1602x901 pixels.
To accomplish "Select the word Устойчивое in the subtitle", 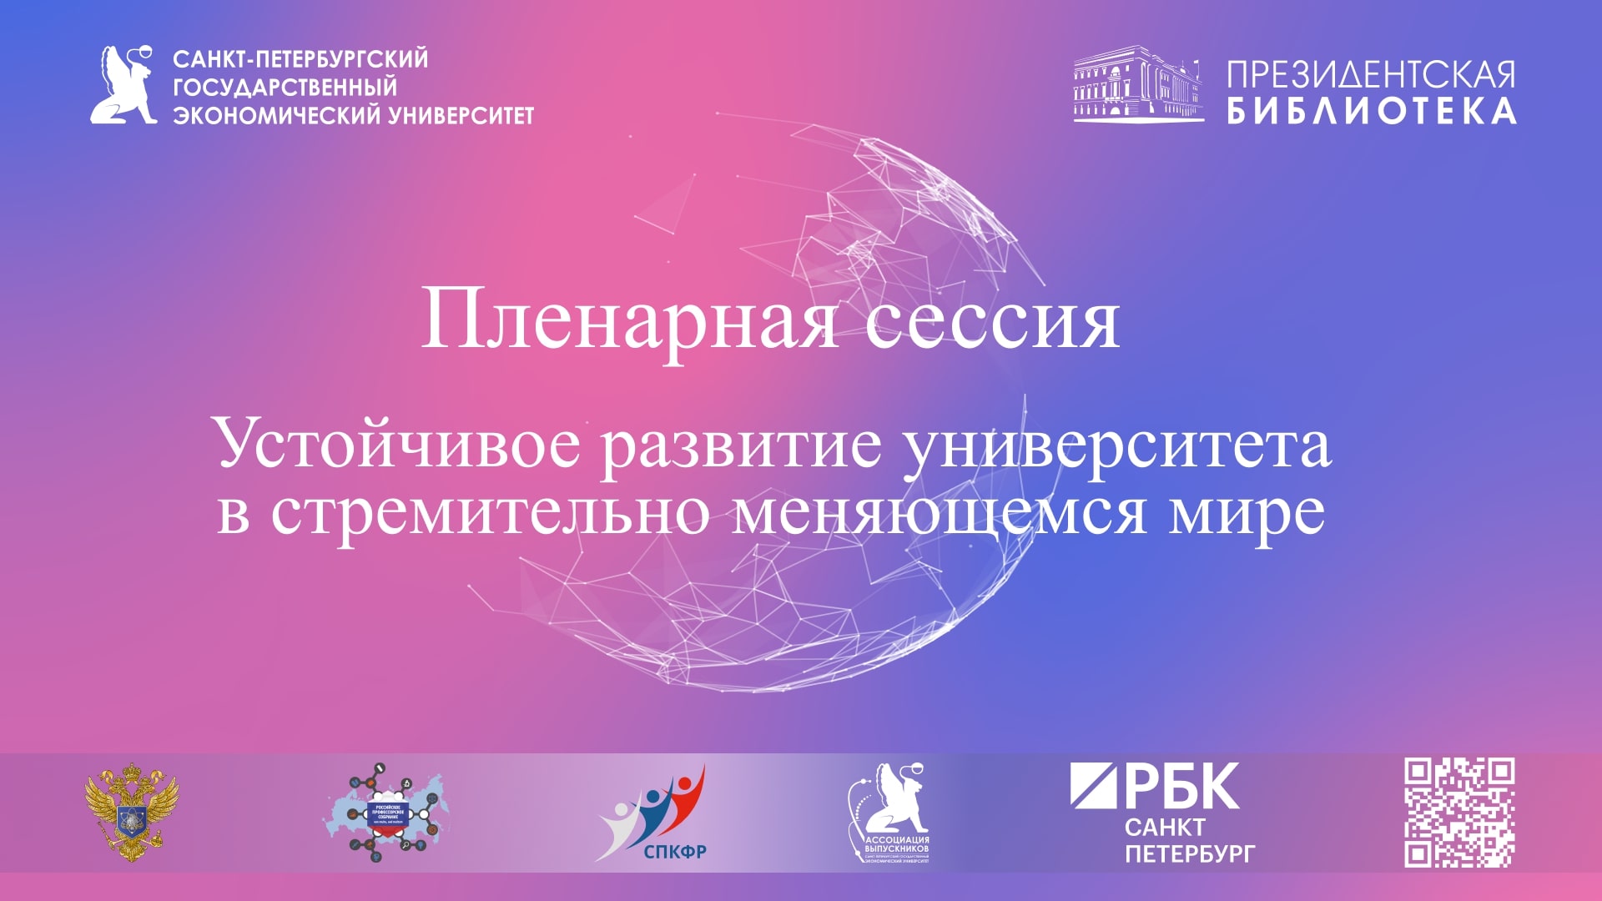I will tap(397, 444).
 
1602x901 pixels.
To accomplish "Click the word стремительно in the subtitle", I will tap(490, 511).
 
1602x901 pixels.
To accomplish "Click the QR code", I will tap(1459, 813).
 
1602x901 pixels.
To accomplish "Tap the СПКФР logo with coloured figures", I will tap(652, 813).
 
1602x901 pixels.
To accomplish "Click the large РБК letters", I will tap(1155, 786).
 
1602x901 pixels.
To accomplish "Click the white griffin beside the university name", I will tap(124, 85).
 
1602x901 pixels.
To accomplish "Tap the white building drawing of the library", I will tap(1138, 84).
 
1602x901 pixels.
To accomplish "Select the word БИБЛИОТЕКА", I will tap(1371, 111).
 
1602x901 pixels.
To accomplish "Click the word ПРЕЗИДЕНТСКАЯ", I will tap(1371, 74).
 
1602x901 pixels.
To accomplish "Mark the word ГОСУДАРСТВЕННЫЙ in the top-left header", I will tap(285, 87).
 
